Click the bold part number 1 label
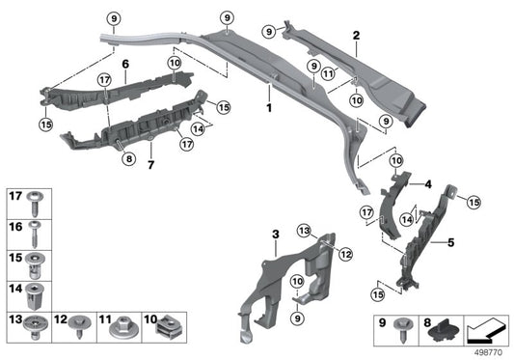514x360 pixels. pos(270,103)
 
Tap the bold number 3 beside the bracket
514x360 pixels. pos(275,235)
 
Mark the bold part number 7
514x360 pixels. pos(149,165)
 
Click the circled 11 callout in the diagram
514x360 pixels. pos(329,73)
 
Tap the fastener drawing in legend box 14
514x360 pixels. pos(36,291)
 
